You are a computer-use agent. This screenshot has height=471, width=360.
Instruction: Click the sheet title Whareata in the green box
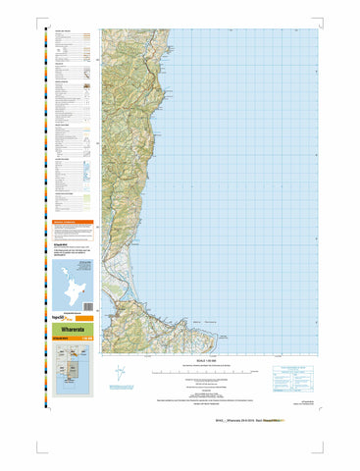(x=71, y=331)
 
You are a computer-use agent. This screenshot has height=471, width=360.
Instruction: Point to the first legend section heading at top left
(x=64, y=30)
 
